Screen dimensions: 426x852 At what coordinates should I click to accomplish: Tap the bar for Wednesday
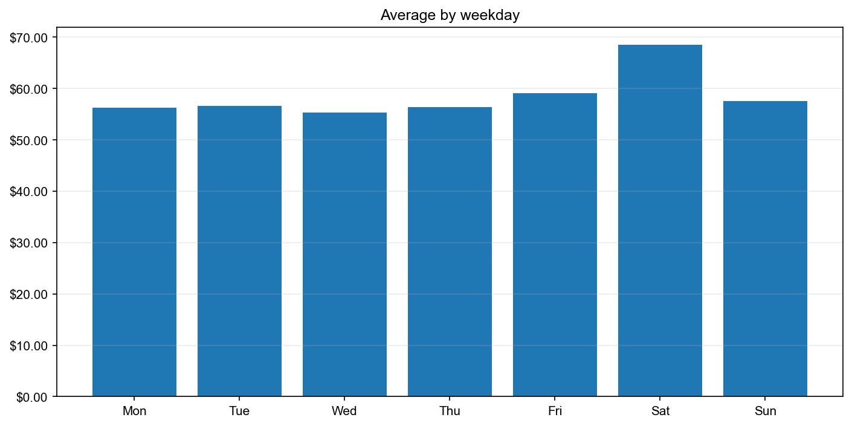(x=344, y=254)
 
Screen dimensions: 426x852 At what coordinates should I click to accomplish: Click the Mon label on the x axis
(x=134, y=411)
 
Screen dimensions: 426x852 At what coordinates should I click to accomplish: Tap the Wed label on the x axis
(x=344, y=411)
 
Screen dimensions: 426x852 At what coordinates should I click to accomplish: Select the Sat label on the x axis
(x=660, y=411)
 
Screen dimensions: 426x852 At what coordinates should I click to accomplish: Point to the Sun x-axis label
(x=765, y=411)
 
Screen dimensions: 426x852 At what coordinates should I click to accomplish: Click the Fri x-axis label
(x=555, y=411)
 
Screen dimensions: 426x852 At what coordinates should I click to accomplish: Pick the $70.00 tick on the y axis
(x=29, y=38)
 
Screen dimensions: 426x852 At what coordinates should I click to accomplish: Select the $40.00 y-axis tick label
(x=29, y=192)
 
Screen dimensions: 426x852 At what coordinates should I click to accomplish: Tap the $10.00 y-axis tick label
(x=29, y=346)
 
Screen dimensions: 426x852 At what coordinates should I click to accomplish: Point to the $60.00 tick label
(x=29, y=89)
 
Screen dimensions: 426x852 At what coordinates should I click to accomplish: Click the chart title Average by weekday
(x=450, y=16)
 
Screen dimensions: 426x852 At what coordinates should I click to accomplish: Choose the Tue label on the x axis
(x=239, y=411)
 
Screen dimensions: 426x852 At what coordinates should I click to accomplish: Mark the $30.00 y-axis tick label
(x=29, y=243)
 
